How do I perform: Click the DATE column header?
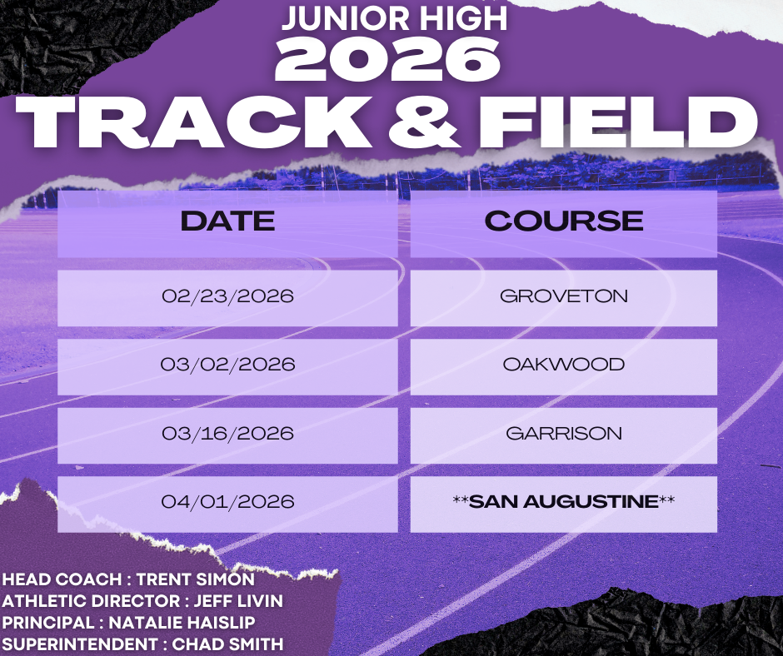pyautogui.click(x=227, y=221)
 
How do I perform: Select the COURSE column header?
pyautogui.click(x=564, y=221)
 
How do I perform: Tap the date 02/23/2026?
pyautogui.click(x=227, y=296)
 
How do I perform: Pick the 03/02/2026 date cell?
pyautogui.click(x=227, y=365)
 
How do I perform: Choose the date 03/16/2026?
pyautogui.click(x=227, y=433)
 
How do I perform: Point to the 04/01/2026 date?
pyautogui.click(x=227, y=501)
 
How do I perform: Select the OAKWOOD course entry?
pyautogui.click(x=564, y=365)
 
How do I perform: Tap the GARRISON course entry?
pyautogui.click(x=564, y=433)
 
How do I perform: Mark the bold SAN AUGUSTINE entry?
pyautogui.click(x=564, y=501)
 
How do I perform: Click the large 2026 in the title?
pyautogui.click(x=387, y=59)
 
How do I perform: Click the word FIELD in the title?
pyautogui.click(x=619, y=122)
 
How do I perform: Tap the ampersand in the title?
pyautogui.click(x=423, y=122)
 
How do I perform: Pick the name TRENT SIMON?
pyautogui.click(x=195, y=579)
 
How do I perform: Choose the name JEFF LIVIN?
pyautogui.click(x=238, y=600)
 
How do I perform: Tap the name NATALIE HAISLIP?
pyautogui.click(x=182, y=623)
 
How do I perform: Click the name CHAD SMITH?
pyautogui.click(x=227, y=644)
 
